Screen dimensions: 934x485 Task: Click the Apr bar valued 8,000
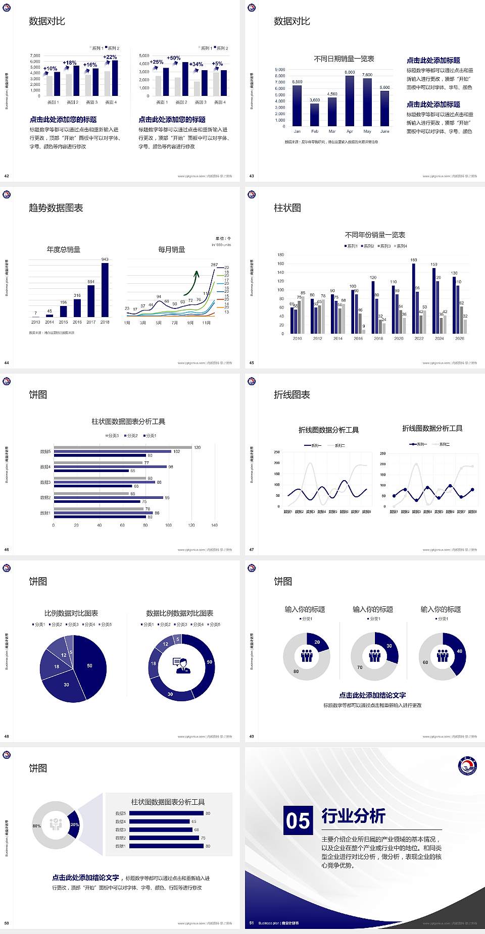350,101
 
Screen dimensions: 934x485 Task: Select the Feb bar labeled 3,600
315,115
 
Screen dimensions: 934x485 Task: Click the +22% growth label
110,57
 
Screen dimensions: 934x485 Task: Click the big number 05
298,820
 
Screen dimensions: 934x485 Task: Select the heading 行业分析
353,816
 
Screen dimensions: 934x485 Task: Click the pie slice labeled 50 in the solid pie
91,666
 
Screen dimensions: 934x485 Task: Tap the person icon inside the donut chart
181,665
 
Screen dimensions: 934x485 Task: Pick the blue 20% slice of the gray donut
74,824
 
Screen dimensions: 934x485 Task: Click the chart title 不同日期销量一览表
344,59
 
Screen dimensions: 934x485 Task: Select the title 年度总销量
64,249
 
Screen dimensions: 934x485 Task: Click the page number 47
252,550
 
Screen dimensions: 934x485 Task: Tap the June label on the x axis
385,131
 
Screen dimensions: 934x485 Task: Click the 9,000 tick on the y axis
280,70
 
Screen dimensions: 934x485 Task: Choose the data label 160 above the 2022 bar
414,260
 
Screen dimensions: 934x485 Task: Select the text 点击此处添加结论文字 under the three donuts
372,695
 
